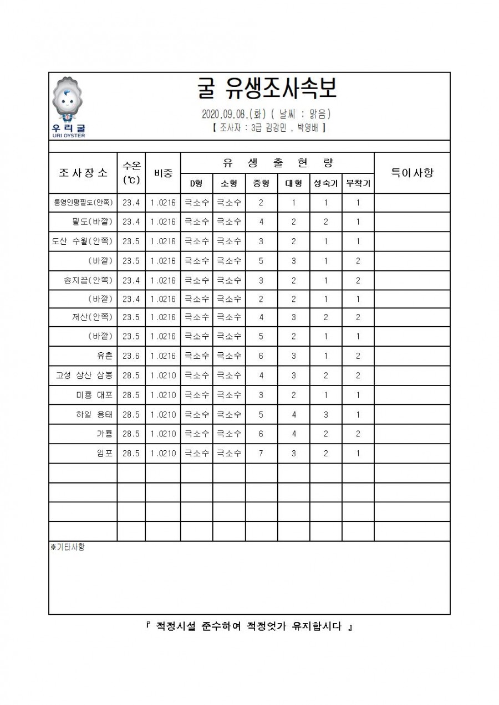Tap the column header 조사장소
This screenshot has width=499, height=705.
point(83,172)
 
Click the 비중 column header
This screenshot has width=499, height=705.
point(163,172)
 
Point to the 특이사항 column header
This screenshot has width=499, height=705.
point(412,172)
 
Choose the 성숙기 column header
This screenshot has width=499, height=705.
point(325,183)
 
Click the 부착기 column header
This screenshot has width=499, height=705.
point(358,183)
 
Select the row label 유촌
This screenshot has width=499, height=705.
point(104,356)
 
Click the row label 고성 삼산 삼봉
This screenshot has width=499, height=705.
point(84,375)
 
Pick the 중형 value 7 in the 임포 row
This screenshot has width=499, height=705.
point(261,453)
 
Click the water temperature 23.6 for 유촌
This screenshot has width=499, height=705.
point(131,356)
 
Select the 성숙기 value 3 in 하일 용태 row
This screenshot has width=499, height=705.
point(325,414)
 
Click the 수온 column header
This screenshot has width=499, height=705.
point(131,172)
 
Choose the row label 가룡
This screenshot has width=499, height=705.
point(104,434)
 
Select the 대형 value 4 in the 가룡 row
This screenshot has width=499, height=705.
point(293,434)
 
